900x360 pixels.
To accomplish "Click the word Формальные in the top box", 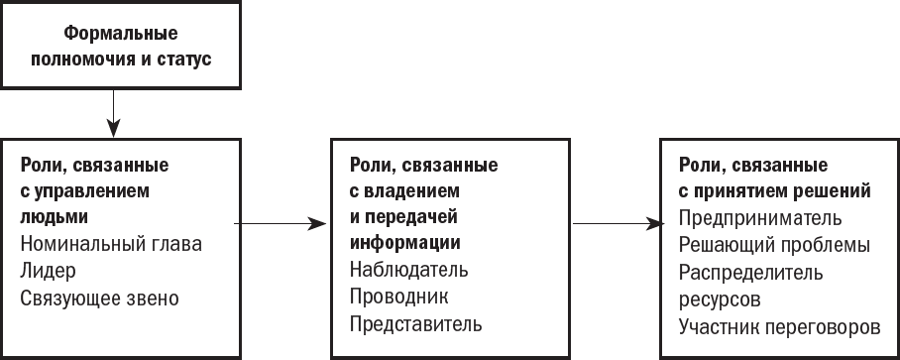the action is coord(121,34).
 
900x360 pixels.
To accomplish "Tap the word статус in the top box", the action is coord(183,60).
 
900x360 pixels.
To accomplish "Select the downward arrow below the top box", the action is coord(114,113).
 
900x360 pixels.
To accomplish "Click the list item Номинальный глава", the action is coord(111,244).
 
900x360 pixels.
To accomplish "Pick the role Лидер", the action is coord(49,271).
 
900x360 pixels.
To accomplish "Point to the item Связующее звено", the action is coord(100,299).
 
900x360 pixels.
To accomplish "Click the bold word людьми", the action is coord(55,217).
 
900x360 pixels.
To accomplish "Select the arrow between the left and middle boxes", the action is coord(281,223).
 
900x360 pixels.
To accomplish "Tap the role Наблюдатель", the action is coord(409,269).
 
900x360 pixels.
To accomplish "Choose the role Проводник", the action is coord(399,297).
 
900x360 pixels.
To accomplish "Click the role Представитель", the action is coord(416,324).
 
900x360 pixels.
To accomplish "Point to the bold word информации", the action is coord(405,243).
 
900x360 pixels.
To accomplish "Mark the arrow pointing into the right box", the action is coord(619,223).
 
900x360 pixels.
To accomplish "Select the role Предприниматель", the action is coord(760,218).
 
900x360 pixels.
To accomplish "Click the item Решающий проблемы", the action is coord(775,245).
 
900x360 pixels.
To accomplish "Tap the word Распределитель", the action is coord(751,272).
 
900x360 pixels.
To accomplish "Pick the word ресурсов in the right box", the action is coord(721,300).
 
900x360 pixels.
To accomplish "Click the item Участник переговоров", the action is coord(779,326).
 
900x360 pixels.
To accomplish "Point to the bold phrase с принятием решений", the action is coord(775,191).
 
